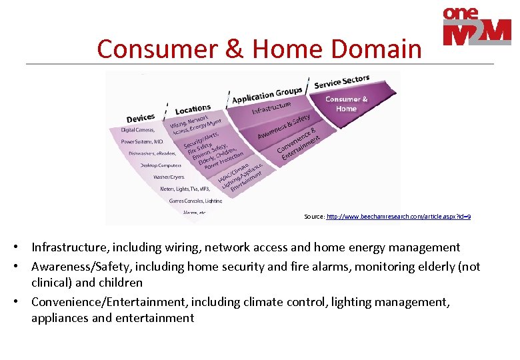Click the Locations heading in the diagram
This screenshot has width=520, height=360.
[193, 109]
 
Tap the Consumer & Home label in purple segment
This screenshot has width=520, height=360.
[346, 104]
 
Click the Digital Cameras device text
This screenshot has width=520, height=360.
[138, 130]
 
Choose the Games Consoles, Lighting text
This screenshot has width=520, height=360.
[195, 201]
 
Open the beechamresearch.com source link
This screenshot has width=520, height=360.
[398, 217]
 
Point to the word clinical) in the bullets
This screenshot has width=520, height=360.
[51, 282]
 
